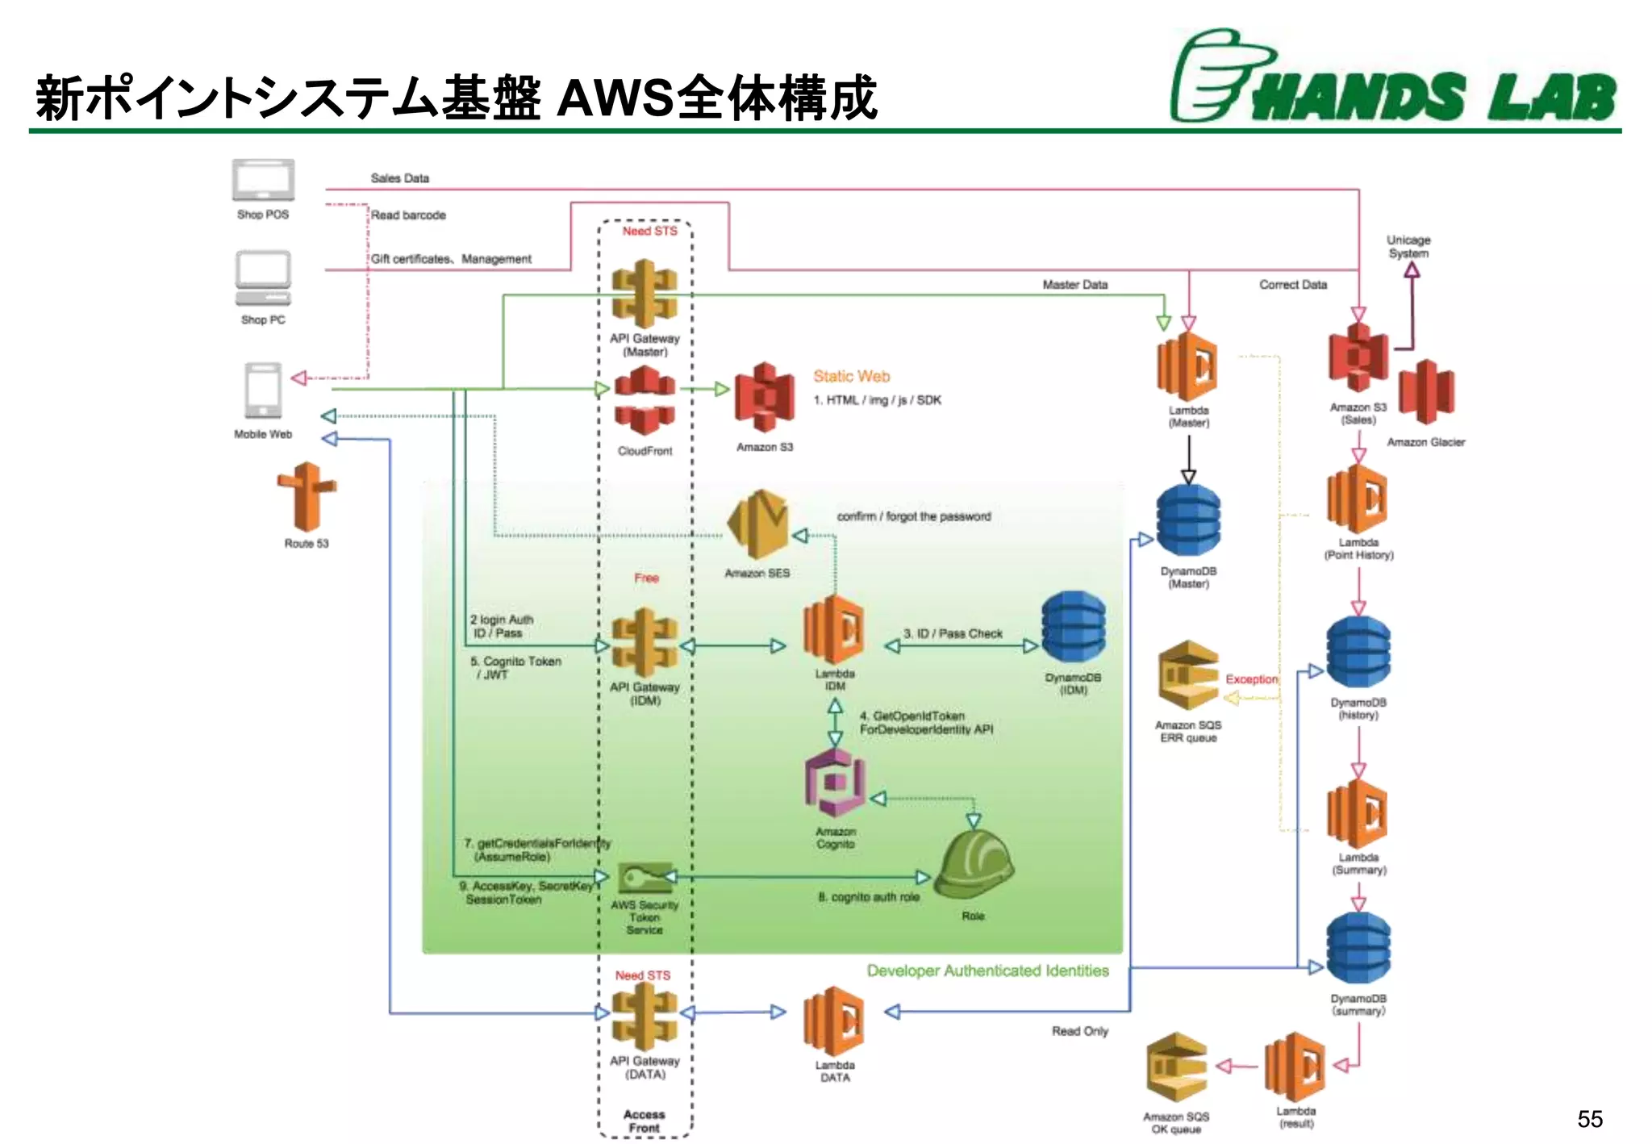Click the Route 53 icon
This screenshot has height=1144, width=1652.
[x=306, y=496]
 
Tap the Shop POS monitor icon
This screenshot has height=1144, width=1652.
[x=263, y=180]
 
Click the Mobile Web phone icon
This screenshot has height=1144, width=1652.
[x=263, y=390]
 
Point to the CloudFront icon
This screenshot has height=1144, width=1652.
[x=644, y=400]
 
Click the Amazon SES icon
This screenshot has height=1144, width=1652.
[x=757, y=524]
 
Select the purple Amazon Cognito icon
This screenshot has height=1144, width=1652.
[x=835, y=783]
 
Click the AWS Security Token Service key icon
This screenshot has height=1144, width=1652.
[x=645, y=878]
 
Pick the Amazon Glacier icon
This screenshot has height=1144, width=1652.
[x=1426, y=392]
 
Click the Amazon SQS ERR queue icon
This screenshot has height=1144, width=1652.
[x=1187, y=676]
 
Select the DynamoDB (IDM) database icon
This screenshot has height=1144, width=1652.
[x=1073, y=628]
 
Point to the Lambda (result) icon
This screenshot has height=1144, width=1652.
[x=1295, y=1067]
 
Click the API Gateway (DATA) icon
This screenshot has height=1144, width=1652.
[x=644, y=1016]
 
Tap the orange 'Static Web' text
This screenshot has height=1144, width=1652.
[x=851, y=376]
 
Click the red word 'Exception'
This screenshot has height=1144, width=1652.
[x=1251, y=679]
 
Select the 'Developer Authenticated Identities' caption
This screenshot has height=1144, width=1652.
[x=987, y=971]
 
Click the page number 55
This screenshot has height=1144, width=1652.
[x=1589, y=1119]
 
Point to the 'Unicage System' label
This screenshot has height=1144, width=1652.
[x=1408, y=246]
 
